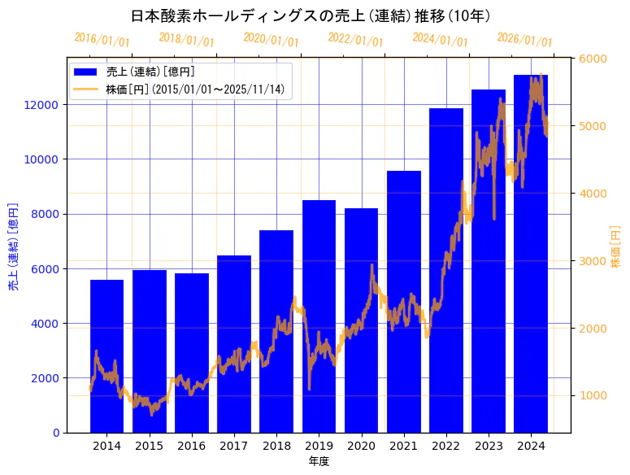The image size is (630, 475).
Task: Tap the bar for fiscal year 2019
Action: point(319,316)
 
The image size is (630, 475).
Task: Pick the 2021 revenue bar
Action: point(404,302)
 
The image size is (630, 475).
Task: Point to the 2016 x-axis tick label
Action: point(192,446)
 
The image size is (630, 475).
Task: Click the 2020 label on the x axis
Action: point(361,446)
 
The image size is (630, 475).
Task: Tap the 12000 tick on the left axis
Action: point(41,105)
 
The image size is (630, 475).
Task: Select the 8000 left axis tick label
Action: point(44,214)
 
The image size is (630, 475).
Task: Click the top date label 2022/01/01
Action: point(355,39)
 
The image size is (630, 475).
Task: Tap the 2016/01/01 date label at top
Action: point(102,39)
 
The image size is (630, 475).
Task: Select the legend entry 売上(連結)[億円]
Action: point(150,72)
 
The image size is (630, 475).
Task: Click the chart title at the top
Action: point(310,15)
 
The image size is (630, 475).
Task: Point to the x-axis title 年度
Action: point(319,461)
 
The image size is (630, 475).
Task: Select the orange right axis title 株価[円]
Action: point(615,246)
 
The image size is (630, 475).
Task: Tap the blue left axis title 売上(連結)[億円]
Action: point(13,246)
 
